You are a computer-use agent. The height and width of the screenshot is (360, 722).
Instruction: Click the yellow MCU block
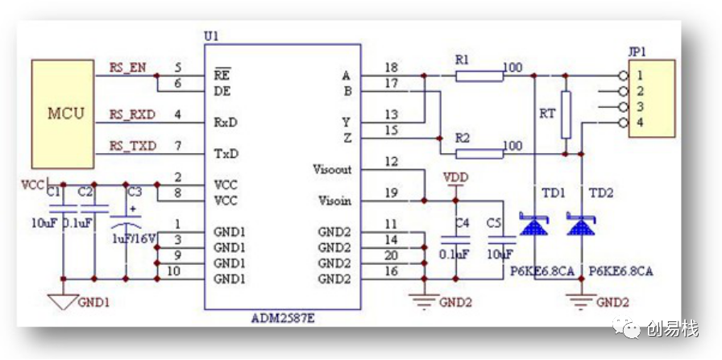pos(63,114)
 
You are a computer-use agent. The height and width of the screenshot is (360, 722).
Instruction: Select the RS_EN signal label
pos(127,68)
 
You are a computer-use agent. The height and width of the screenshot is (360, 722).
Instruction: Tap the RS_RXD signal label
pos(132,114)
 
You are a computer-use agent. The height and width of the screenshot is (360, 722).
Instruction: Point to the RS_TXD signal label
pos(133,147)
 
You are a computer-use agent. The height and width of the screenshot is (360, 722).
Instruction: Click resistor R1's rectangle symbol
pos(479,76)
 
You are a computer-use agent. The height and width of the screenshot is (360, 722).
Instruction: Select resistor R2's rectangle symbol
pos(479,154)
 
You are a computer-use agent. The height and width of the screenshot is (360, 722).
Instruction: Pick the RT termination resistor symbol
pos(566,114)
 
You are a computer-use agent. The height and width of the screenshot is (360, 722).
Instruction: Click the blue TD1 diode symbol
pos(533,224)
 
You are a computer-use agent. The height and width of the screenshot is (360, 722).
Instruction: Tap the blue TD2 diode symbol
pos(581,224)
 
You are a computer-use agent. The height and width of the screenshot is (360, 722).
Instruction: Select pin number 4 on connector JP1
pos(641,123)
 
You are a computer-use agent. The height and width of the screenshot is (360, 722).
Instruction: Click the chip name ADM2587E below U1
pos(283,318)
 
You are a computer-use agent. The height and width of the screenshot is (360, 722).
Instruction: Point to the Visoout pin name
pos(332,169)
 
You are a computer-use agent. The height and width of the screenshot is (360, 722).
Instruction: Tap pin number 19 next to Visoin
pos(391,193)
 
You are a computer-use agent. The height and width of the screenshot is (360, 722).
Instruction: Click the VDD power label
pos(455,177)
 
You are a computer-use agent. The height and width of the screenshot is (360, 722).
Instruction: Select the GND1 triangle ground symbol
pos(63,302)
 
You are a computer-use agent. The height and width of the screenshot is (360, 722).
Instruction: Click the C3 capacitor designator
pos(135,192)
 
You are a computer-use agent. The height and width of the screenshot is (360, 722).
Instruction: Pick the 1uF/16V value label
pos(134,239)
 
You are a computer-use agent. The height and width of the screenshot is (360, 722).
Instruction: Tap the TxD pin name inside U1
pos(226,154)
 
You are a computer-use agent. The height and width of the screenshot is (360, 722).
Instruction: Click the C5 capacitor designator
pos(494,223)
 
